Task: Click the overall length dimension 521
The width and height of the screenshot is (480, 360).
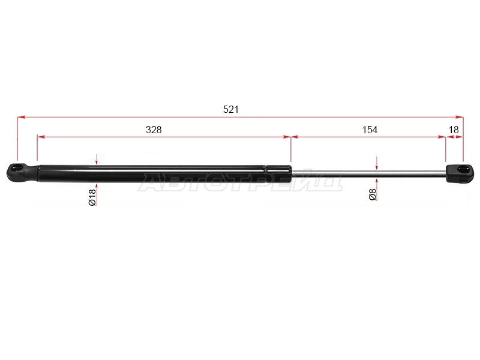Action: click(x=231, y=109)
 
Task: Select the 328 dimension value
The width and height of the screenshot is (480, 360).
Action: click(x=154, y=130)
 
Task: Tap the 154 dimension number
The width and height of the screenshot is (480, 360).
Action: click(x=370, y=130)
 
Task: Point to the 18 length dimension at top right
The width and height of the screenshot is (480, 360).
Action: click(x=454, y=130)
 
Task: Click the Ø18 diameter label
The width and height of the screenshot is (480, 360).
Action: click(x=92, y=197)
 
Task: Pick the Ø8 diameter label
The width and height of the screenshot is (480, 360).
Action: click(x=373, y=194)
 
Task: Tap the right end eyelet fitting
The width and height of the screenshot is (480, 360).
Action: click(x=460, y=173)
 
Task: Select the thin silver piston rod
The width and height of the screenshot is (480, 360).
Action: click(x=368, y=173)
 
